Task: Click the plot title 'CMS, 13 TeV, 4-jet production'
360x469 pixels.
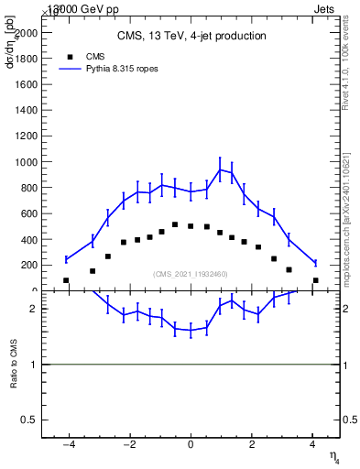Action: coord(191,36)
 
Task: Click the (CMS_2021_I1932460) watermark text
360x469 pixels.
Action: coord(191,274)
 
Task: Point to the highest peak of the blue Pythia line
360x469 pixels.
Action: coord(220,169)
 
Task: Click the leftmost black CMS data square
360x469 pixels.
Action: coord(66,280)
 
